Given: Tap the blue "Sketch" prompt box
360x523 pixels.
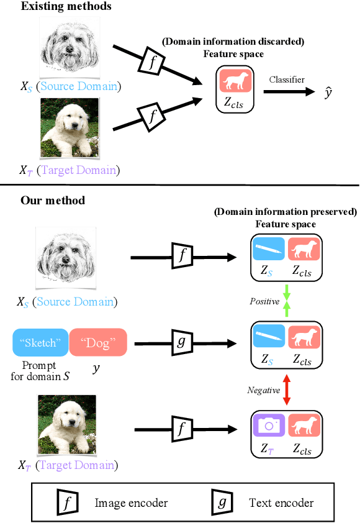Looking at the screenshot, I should (x=40, y=342).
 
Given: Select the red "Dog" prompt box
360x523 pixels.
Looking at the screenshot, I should (x=97, y=342).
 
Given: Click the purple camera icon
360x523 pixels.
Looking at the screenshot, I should (x=268, y=425).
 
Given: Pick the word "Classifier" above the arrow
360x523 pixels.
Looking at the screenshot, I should (x=287, y=80).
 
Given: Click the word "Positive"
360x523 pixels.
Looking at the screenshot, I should (x=264, y=301).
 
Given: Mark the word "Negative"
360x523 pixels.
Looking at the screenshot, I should (x=264, y=390).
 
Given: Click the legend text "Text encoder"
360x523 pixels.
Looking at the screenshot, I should (x=281, y=503).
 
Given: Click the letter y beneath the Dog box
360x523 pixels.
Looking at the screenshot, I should (x=96, y=368).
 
